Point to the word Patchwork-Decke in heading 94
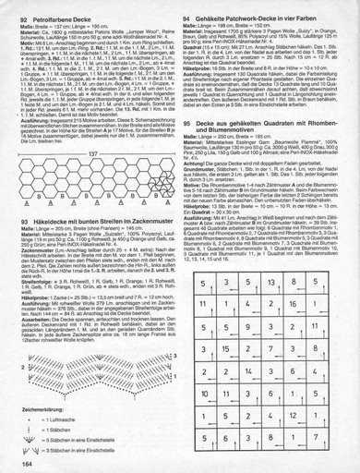coord(243,16)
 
